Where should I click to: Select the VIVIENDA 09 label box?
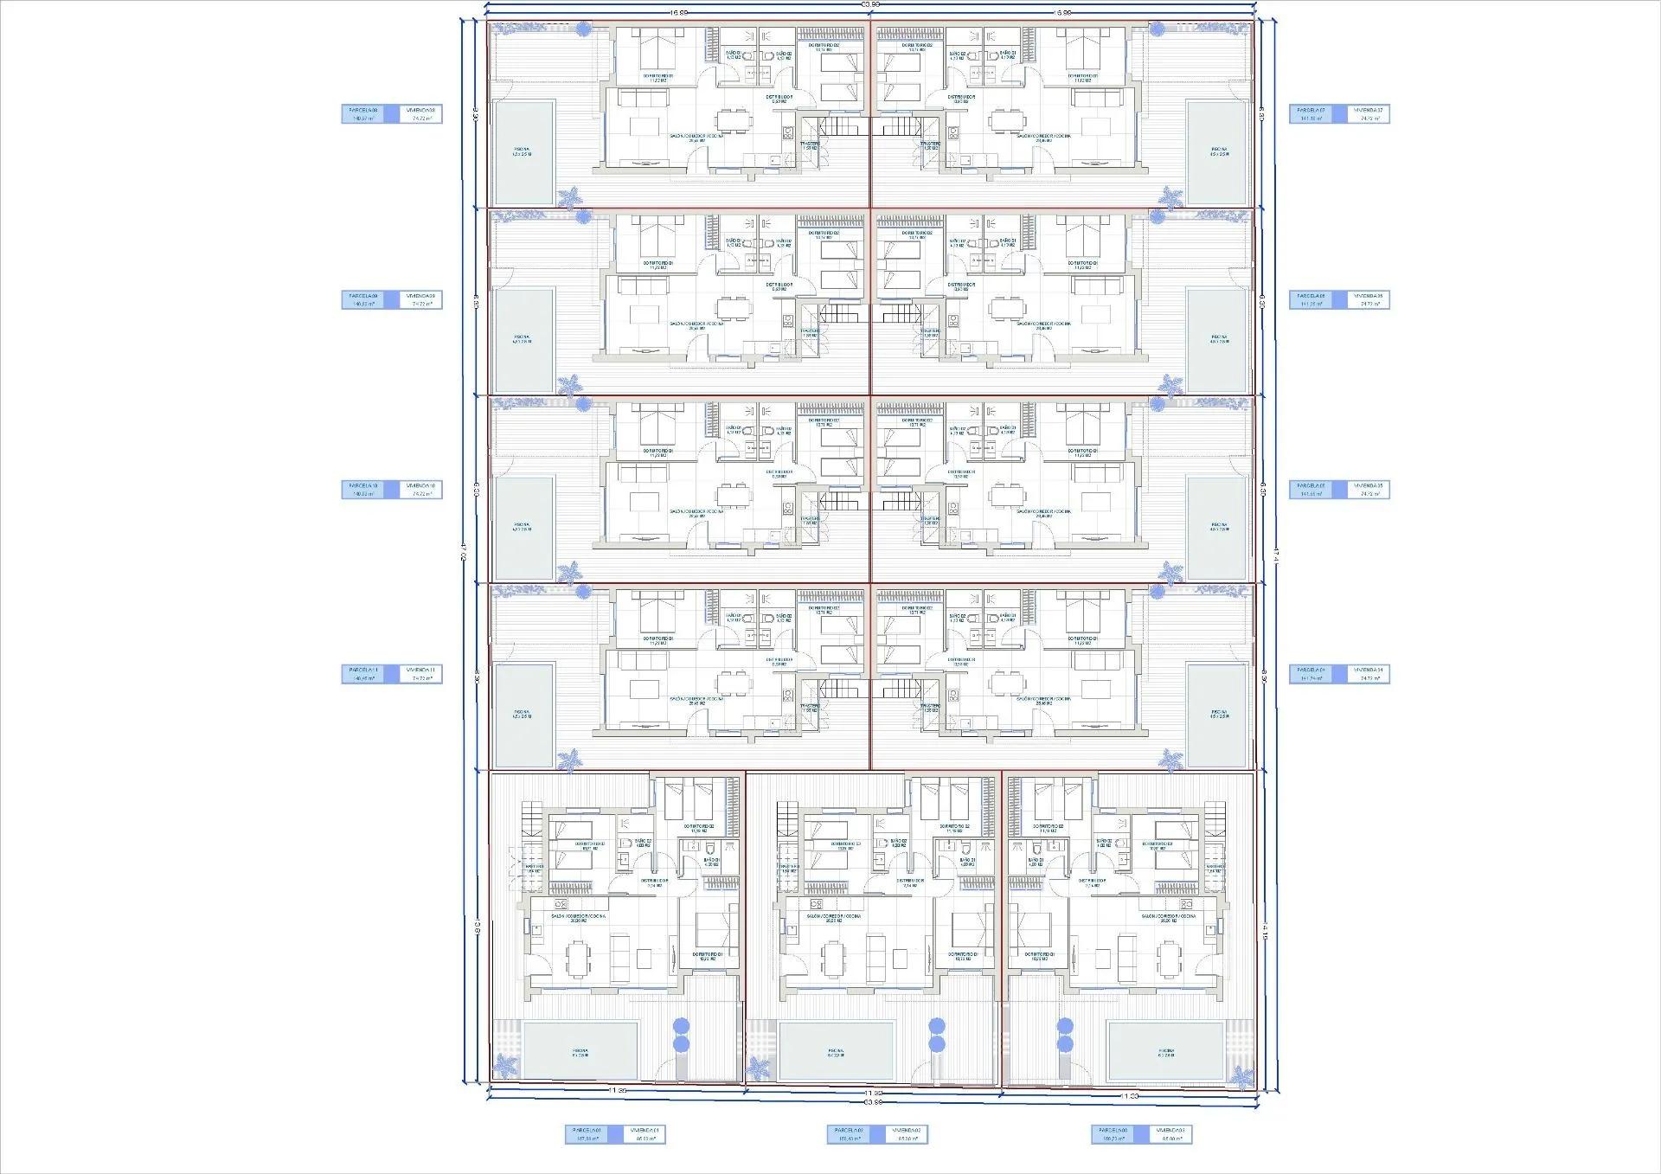click(x=421, y=300)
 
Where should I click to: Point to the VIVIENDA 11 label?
click(x=421, y=674)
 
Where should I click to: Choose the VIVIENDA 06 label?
click(x=1368, y=300)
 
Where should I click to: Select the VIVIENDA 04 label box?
click(x=1368, y=674)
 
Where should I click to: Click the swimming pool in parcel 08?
click(x=523, y=152)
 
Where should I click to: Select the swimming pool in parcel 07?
click(x=1218, y=152)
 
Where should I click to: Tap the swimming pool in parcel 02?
click(x=836, y=1051)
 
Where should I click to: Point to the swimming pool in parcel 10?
click(x=523, y=528)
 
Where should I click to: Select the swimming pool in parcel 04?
click(x=1218, y=715)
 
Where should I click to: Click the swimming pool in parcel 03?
click(x=1166, y=1051)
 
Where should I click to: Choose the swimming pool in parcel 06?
click(x=1218, y=339)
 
